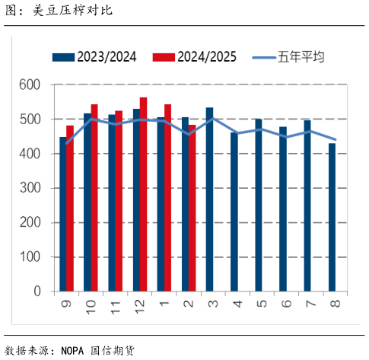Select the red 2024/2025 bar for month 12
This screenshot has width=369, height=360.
click(143, 194)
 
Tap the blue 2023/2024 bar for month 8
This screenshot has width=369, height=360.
click(331, 217)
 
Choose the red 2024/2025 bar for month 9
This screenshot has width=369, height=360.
click(70, 208)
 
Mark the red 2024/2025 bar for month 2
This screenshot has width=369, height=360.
click(192, 208)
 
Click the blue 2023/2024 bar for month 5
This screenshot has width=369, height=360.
click(258, 205)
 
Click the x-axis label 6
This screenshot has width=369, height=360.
click(283, 304)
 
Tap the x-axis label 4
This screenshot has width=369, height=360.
click(234, 304)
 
